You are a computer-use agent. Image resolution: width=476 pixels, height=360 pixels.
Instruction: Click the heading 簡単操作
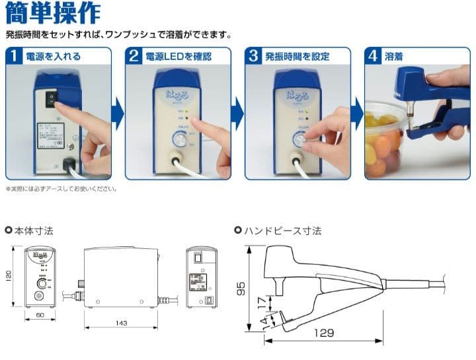coord(53,13)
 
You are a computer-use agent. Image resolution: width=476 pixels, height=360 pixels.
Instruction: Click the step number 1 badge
coord(15,57)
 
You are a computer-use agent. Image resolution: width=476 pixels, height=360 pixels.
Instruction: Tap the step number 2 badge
coord(135,57)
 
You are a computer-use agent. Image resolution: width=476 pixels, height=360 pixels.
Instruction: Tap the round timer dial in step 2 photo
coord(179,139)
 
